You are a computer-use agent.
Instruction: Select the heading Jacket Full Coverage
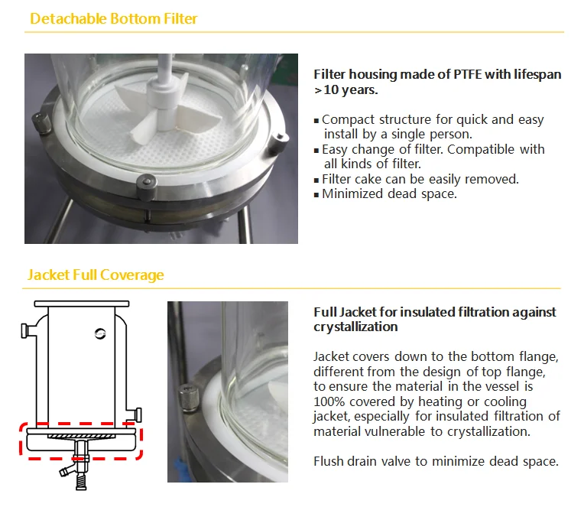pyautogui.click(x=96, y=275)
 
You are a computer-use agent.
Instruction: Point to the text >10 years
pyautogui.click(x=346, y=90)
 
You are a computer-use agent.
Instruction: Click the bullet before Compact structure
pyautogui.click(x=316, y=120)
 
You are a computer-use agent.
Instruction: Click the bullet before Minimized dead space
pyautogui.click(x=316, y=194)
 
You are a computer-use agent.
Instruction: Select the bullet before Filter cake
pyautogui.click(x=316, y=180)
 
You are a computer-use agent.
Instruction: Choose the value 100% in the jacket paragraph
pyautogui.click(x=329, y=402)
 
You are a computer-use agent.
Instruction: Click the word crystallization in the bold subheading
pyautogui.click(x=355, y=327)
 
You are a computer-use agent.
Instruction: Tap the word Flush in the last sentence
pyautogui.click(x=331, y=461)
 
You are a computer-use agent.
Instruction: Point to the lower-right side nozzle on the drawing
pyautogui.click(x=137, y=413)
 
